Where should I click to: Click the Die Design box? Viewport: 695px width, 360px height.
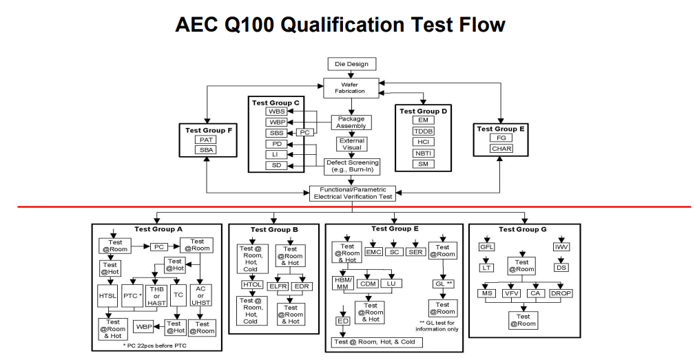pos(351,64)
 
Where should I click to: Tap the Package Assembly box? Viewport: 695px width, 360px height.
pos(351,122)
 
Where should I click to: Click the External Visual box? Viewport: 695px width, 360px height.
pos(351,144)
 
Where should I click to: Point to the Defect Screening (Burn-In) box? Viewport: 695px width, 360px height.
pos(352,166)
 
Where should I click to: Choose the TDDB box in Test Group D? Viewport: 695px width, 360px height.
pos(423,131)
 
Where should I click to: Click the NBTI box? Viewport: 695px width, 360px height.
pos(423,153)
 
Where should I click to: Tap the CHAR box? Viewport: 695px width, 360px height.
pos(501,149)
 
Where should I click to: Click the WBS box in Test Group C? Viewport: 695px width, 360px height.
pos(277,112)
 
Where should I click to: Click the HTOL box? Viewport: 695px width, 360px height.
pos(251,284)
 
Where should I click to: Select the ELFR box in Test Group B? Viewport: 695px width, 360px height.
pos(278,286)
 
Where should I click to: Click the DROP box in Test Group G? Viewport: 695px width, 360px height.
pos(561,293)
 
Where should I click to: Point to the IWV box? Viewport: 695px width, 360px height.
pos(561,247)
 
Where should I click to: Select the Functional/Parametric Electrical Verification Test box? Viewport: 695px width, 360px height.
pos(353,193)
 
